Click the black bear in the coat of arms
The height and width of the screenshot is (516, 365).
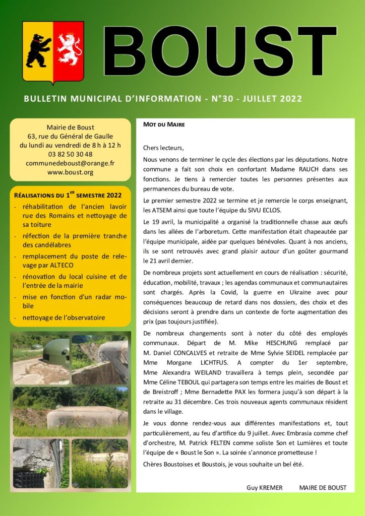tap(38, 50)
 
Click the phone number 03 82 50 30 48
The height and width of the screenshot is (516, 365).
tap(70, 154)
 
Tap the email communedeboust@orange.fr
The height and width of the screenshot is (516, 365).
tap(70, 163)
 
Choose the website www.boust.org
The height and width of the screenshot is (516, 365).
tap(70, 172)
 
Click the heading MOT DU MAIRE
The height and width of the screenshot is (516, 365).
tap(164, 124)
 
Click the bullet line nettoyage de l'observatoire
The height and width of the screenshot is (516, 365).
tap(64, 318)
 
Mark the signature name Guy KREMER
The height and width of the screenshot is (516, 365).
tap(265, 488)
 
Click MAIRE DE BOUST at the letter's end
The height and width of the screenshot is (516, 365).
tap(323, 488)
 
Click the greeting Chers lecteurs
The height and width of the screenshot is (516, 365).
tap(164, 148)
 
